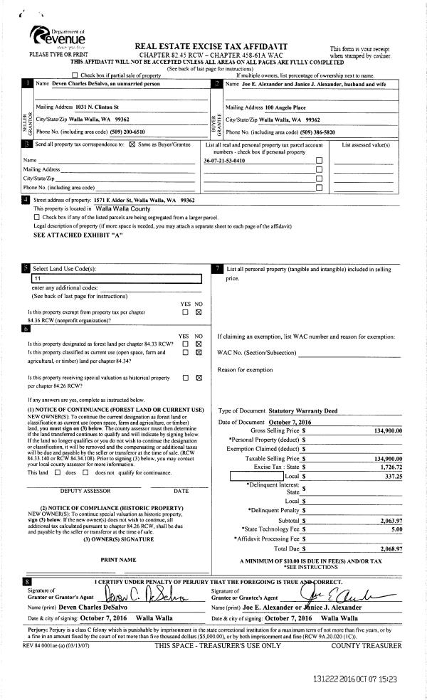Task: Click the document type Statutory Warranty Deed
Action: point(301,411)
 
